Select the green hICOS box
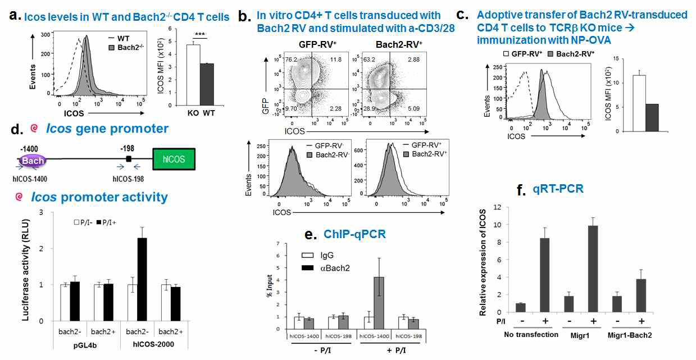175,160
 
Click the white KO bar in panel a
194,75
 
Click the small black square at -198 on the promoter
129,160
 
